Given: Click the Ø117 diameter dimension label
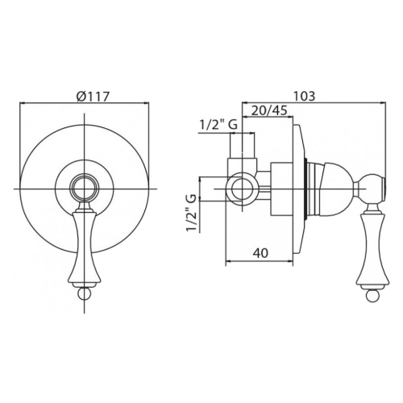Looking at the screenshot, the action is click(x=93, y=96).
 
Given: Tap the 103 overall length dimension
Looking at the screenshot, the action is click(x=304, y=96).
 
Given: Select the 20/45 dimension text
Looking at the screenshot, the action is click(x=269, y=110).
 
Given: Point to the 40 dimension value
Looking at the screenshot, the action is click(x=260, y=253).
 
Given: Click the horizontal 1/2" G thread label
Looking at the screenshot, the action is click(x=218, y=125).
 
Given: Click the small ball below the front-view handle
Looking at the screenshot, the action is click(x=85, y=293).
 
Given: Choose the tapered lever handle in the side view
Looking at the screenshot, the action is click(x=373, y=247).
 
